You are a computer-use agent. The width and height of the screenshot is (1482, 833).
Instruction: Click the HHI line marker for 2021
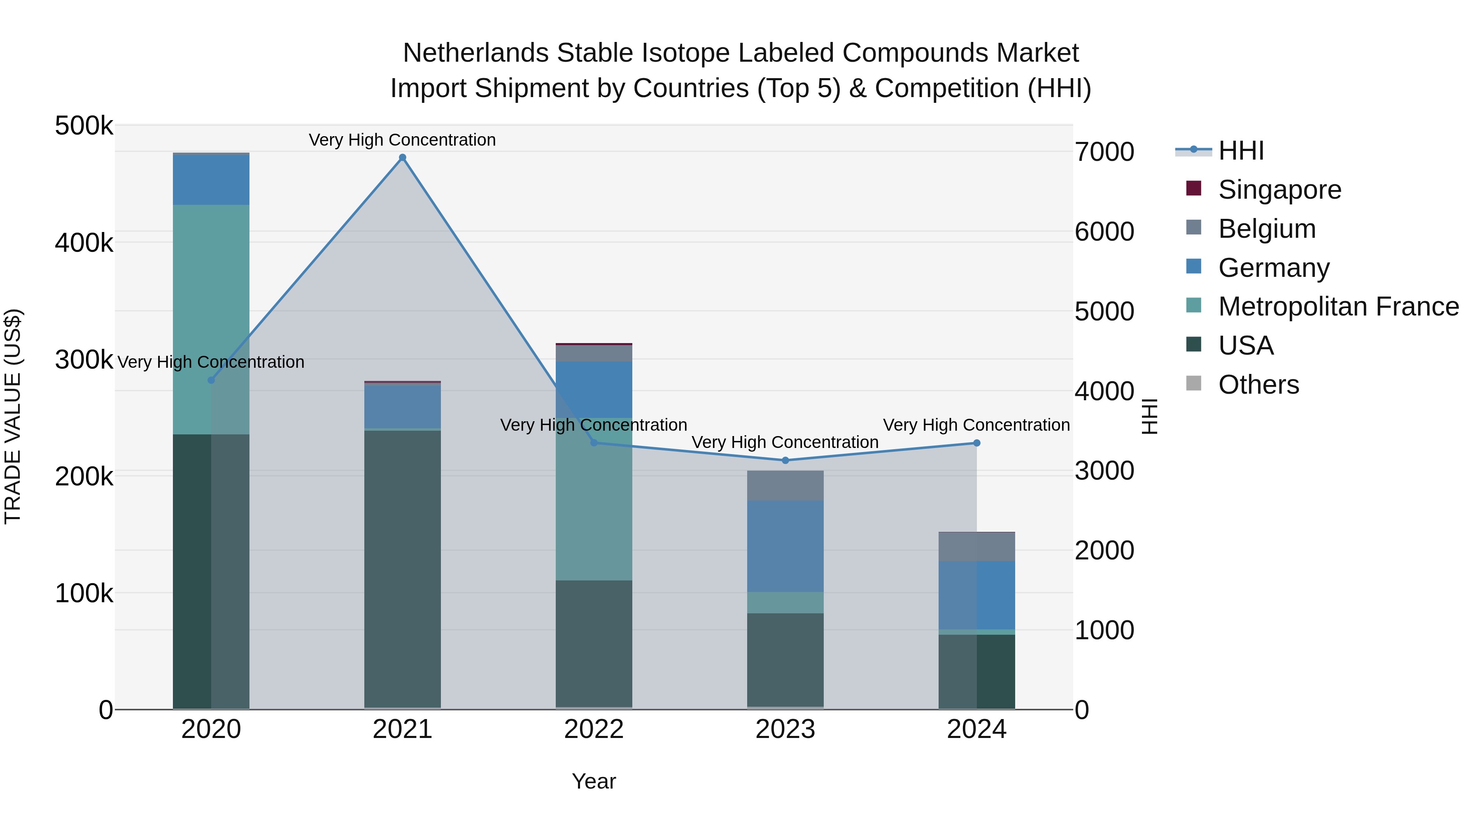point(402,158)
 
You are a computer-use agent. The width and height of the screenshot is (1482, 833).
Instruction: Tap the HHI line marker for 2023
point(785,460)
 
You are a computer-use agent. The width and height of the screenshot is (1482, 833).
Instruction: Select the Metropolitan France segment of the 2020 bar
point(211,319)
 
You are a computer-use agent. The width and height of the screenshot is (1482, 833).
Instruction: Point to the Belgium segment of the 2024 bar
point(976,546)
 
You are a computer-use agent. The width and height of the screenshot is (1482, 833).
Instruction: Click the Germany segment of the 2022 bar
point(594,389)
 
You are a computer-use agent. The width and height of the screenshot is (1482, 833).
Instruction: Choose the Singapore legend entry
point(1279,190)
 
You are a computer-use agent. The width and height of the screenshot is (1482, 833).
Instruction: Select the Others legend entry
point(1258,385)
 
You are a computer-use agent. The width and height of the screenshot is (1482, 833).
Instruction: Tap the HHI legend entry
point(1240,151)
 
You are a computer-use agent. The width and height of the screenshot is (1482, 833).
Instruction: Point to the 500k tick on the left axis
point(84,126)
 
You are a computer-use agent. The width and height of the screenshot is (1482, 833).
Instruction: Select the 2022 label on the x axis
point(594,729)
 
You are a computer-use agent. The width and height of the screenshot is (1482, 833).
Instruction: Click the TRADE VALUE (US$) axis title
point(13,416)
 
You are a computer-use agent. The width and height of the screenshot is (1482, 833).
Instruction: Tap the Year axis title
point(594,781)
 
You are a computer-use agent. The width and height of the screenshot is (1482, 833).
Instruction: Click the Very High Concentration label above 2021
point(402,140)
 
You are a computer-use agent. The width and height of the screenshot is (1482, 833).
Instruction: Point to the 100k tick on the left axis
point(84,593)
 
